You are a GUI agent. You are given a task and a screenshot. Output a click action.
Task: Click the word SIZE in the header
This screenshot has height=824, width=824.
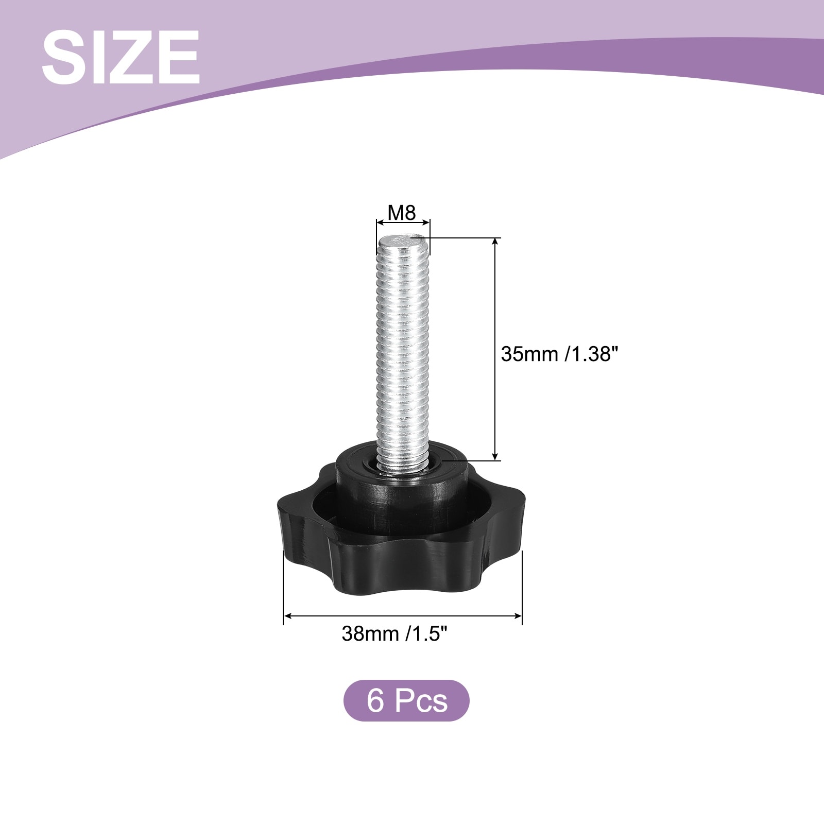coord(121,57)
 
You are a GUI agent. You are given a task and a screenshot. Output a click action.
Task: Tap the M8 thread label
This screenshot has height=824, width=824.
coord(402,213)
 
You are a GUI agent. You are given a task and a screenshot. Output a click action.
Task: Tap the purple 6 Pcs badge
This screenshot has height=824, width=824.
coord(406,700)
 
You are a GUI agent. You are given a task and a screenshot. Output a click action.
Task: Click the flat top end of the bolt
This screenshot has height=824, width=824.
coord(402,240)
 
